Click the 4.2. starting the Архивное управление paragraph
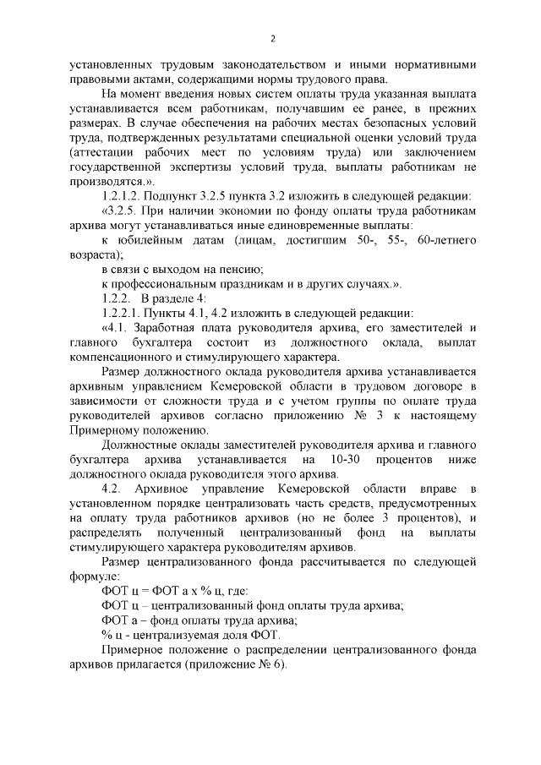tap(113, 489)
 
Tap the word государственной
tap(117, 167)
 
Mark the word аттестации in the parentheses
tap(106, 152)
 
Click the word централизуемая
tap(172, 635)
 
